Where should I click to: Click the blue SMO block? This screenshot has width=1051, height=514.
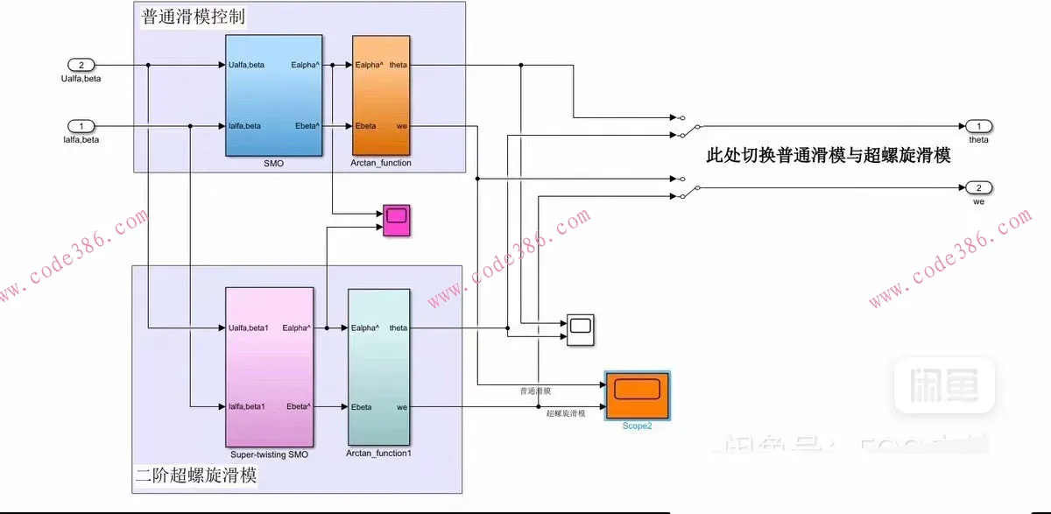273,95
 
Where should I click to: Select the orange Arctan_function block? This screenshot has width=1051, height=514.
381,95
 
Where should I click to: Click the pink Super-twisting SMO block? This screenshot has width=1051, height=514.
268,367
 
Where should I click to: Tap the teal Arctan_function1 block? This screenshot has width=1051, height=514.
378,367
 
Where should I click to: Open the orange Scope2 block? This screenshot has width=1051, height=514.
638,395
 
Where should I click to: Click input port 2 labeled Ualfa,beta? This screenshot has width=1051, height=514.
81,65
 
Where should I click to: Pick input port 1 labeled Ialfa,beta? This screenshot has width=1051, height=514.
81,126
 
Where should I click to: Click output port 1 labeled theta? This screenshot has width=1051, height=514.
978,126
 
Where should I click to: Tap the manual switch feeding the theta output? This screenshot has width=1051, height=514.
686,126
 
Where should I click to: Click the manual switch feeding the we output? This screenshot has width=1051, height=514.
686,187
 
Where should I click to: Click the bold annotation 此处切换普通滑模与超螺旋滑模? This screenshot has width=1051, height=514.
828,156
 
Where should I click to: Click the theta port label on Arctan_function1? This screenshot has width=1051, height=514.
398,328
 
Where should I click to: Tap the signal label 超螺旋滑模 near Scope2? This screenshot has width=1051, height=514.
566,412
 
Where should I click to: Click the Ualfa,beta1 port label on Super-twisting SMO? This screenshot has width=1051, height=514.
248,328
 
